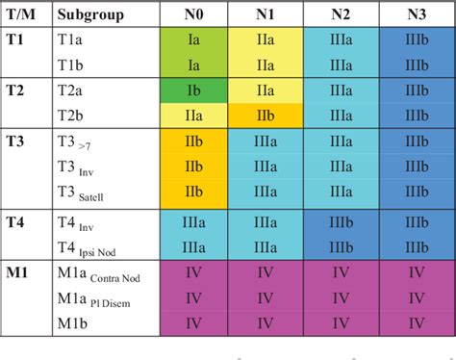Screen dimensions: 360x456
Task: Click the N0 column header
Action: pyautogui.click(x=193, y=15)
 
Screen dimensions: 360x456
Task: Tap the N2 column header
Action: pyautogui.click(x=341, y=15)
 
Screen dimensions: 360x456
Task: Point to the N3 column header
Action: pyautogui.click(x=417, y=15)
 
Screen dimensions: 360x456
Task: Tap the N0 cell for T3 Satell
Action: pyautogui.click(x=193, y=191)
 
